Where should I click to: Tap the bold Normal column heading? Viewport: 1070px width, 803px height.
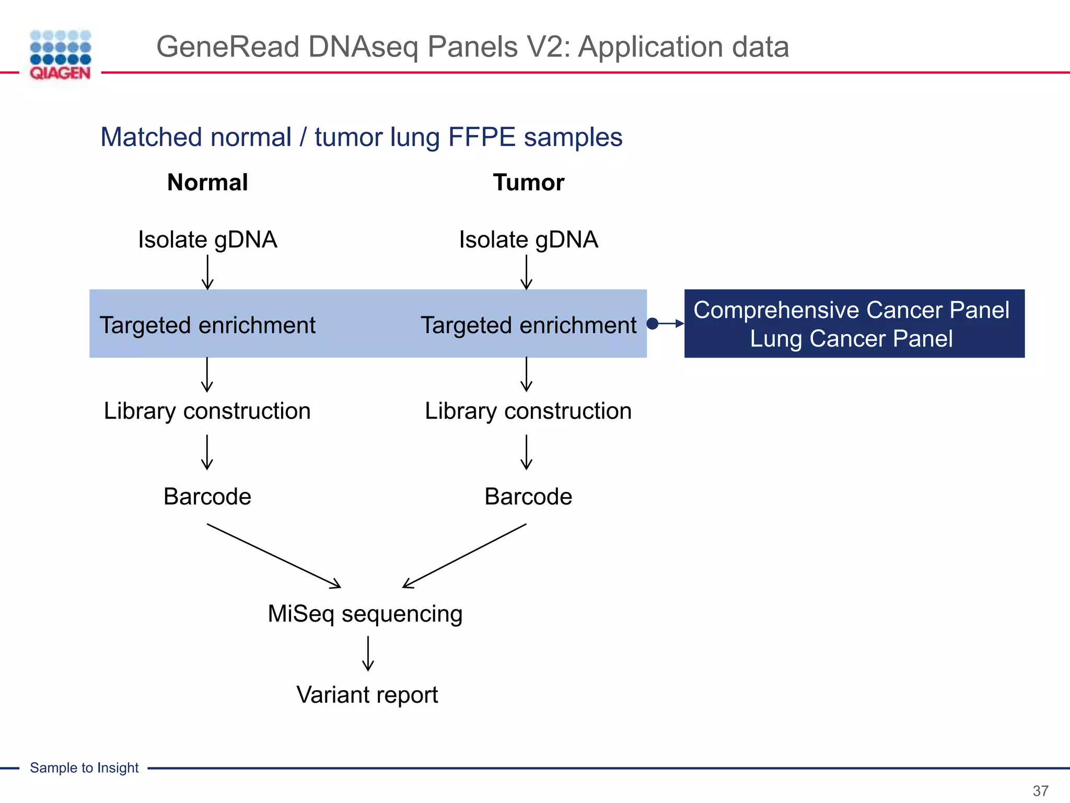[207, 182]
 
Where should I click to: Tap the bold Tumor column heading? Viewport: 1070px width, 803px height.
[528, 182]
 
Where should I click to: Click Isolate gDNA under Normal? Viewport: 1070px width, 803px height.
[207, 240]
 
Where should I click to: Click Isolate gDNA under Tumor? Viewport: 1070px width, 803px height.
[528, 240]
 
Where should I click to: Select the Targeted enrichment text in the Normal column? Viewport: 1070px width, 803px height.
[207, 325]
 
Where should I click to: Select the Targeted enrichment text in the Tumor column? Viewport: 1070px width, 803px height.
[528, 325]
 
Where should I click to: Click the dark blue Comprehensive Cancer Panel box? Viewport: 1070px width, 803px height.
[854, 324]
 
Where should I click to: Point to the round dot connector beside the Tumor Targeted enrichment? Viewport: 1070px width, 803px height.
[652, 324]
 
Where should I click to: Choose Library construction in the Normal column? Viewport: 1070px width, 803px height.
[207, 411]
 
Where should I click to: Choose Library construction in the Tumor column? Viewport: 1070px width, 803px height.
[528, 411]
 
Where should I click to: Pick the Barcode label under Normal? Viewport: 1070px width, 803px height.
[207, 497]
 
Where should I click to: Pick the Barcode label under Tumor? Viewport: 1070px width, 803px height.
[528, 497]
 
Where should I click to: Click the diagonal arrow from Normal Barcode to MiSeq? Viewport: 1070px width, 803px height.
[274, 556]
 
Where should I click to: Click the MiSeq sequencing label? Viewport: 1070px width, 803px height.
[365, 614]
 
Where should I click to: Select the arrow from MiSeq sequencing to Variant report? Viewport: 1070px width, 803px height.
[368, 653]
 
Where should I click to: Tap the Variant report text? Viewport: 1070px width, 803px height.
[367, 695]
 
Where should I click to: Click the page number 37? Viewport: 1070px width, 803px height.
[1040, 790]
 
